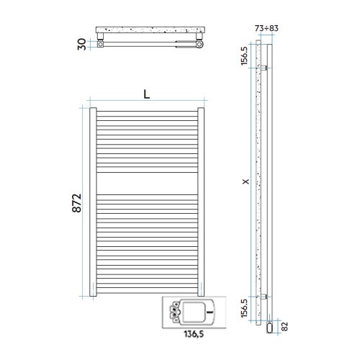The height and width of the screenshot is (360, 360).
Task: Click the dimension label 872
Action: click(76, 204)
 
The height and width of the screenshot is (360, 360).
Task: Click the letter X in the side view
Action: click(246, 183)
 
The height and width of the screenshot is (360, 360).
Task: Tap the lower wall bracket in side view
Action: click(266, 297)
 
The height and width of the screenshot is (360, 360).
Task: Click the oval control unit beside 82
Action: click(269, 327)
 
